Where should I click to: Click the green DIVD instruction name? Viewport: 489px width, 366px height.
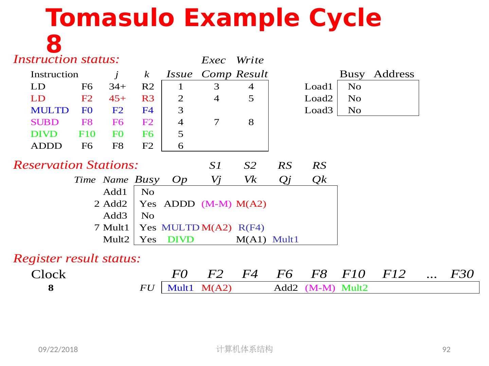coord(44,134)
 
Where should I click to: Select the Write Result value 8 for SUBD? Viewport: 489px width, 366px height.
coord(251,122)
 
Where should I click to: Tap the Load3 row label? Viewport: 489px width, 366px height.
coord(319,110)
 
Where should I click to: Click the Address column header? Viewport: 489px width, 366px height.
coord(394,74)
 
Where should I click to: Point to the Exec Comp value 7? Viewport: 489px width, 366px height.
coord(216,122)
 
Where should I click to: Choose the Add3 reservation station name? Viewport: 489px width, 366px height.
coord(115,216)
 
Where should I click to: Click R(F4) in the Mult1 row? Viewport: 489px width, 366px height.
coord(251,228)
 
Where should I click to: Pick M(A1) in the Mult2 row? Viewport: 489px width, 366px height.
coord(251,240)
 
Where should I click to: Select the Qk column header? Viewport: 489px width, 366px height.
coord(319,180)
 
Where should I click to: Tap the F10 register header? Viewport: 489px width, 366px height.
coord(354,274)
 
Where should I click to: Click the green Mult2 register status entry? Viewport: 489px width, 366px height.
coord(355,288)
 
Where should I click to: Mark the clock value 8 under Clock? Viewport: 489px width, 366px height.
coord(51,288)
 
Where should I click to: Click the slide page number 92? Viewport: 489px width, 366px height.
coord(447,350)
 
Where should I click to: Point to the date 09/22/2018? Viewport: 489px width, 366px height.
coord(58,350)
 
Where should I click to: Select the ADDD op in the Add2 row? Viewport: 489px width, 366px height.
coord(179,204)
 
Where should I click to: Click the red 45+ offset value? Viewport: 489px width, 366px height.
coord(117,99)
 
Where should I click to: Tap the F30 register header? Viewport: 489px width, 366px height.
coord(462,274)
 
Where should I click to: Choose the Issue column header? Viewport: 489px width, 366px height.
coord(179,74)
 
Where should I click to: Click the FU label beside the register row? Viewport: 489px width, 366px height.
coord(147,288)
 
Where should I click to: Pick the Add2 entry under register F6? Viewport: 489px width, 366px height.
coord(286,288)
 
